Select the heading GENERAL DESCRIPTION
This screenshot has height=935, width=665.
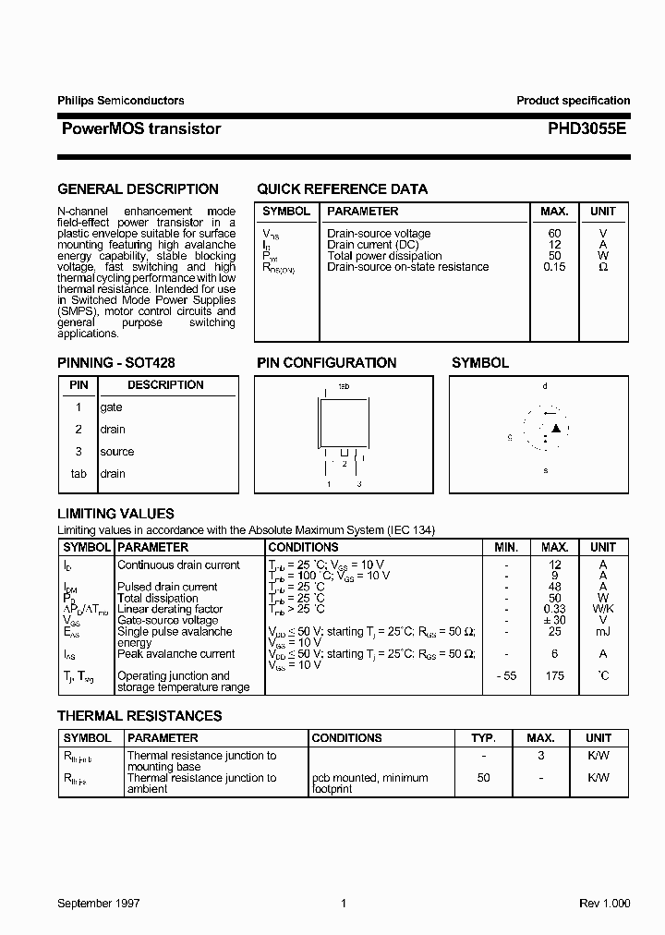coord(138,189)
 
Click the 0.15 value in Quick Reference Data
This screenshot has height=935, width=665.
coord(554,267)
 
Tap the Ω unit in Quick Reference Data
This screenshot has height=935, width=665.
coord(602,267)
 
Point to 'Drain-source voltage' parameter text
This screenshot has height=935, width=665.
coord(379,234)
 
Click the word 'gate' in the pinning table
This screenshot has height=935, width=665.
coord(111,407)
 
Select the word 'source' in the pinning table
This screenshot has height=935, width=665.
coord(116,452)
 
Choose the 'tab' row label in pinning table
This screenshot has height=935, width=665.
coord(79,474)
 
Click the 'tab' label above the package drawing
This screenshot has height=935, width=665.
coord(344,385)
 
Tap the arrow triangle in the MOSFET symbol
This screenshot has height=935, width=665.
coord(555,428)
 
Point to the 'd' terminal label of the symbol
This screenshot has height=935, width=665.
coord(545,386)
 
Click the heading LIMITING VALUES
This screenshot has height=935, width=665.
coord(115,514)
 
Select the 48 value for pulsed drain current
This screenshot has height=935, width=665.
coord(554,587)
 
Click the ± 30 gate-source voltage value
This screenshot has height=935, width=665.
coord(554,620)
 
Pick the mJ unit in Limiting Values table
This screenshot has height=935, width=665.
coord(602,631)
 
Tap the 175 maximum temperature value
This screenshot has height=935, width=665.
coord(554,676)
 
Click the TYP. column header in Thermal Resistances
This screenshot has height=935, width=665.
coord(484,738)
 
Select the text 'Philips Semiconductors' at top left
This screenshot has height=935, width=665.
coord(121,101)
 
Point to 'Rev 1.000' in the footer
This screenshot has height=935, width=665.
coord(604,904)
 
